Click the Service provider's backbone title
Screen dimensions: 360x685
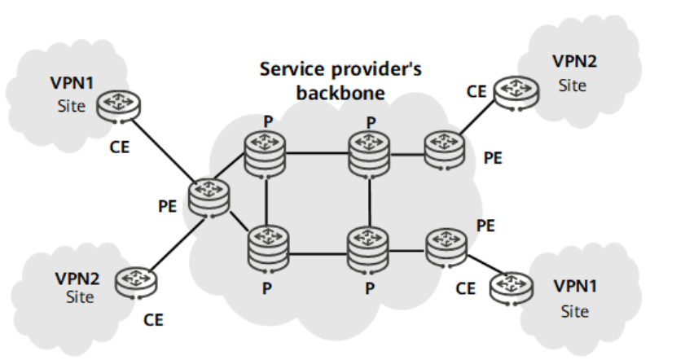coord(340,80)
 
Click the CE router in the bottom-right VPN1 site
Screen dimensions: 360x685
coord(508,287)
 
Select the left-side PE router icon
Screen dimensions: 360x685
coord(209,196)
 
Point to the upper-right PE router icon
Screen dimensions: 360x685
coord(444,150)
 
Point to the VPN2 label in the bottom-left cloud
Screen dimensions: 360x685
coord(77,278)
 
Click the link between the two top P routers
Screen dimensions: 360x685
coord(318,152)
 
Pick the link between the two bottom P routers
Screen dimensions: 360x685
coord(318,253)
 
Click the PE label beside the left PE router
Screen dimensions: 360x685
coord(168,206)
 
